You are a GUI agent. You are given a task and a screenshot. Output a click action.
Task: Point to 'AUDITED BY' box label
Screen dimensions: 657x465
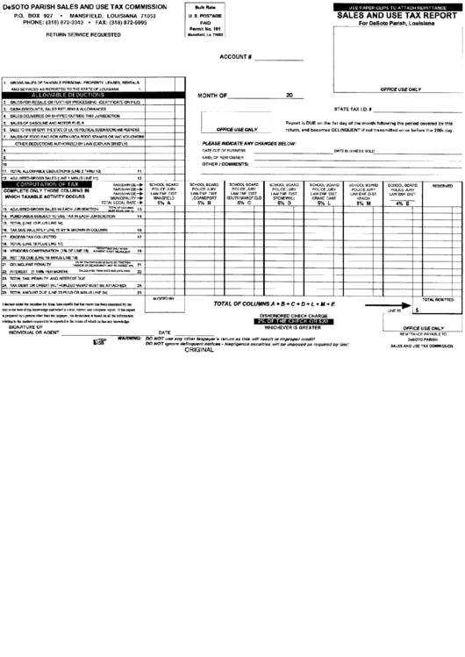pyautogui.click(x=163, y=299)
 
